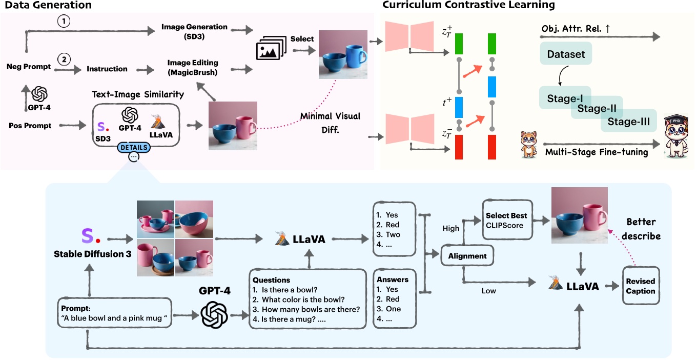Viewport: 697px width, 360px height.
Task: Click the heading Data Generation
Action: click(46, 6)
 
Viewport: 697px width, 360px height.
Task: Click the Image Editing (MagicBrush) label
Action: click(193, 68)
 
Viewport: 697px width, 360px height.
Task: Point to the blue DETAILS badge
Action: click(134, 148)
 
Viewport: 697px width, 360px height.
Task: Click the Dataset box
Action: click(566, 54)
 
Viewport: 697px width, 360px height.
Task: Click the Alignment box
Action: click(467, 255)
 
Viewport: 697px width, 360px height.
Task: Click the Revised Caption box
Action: click(640, 286)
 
